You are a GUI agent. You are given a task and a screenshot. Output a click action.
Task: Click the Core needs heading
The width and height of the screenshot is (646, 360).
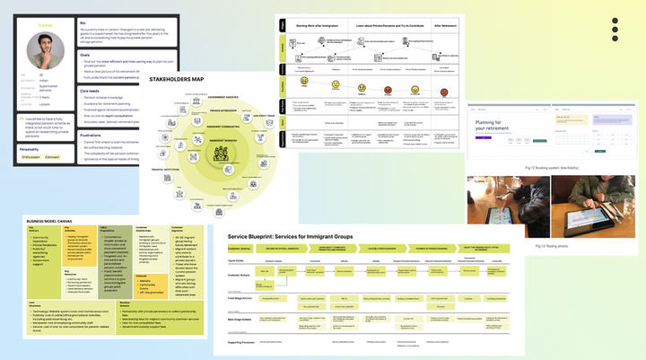(89, 91)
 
